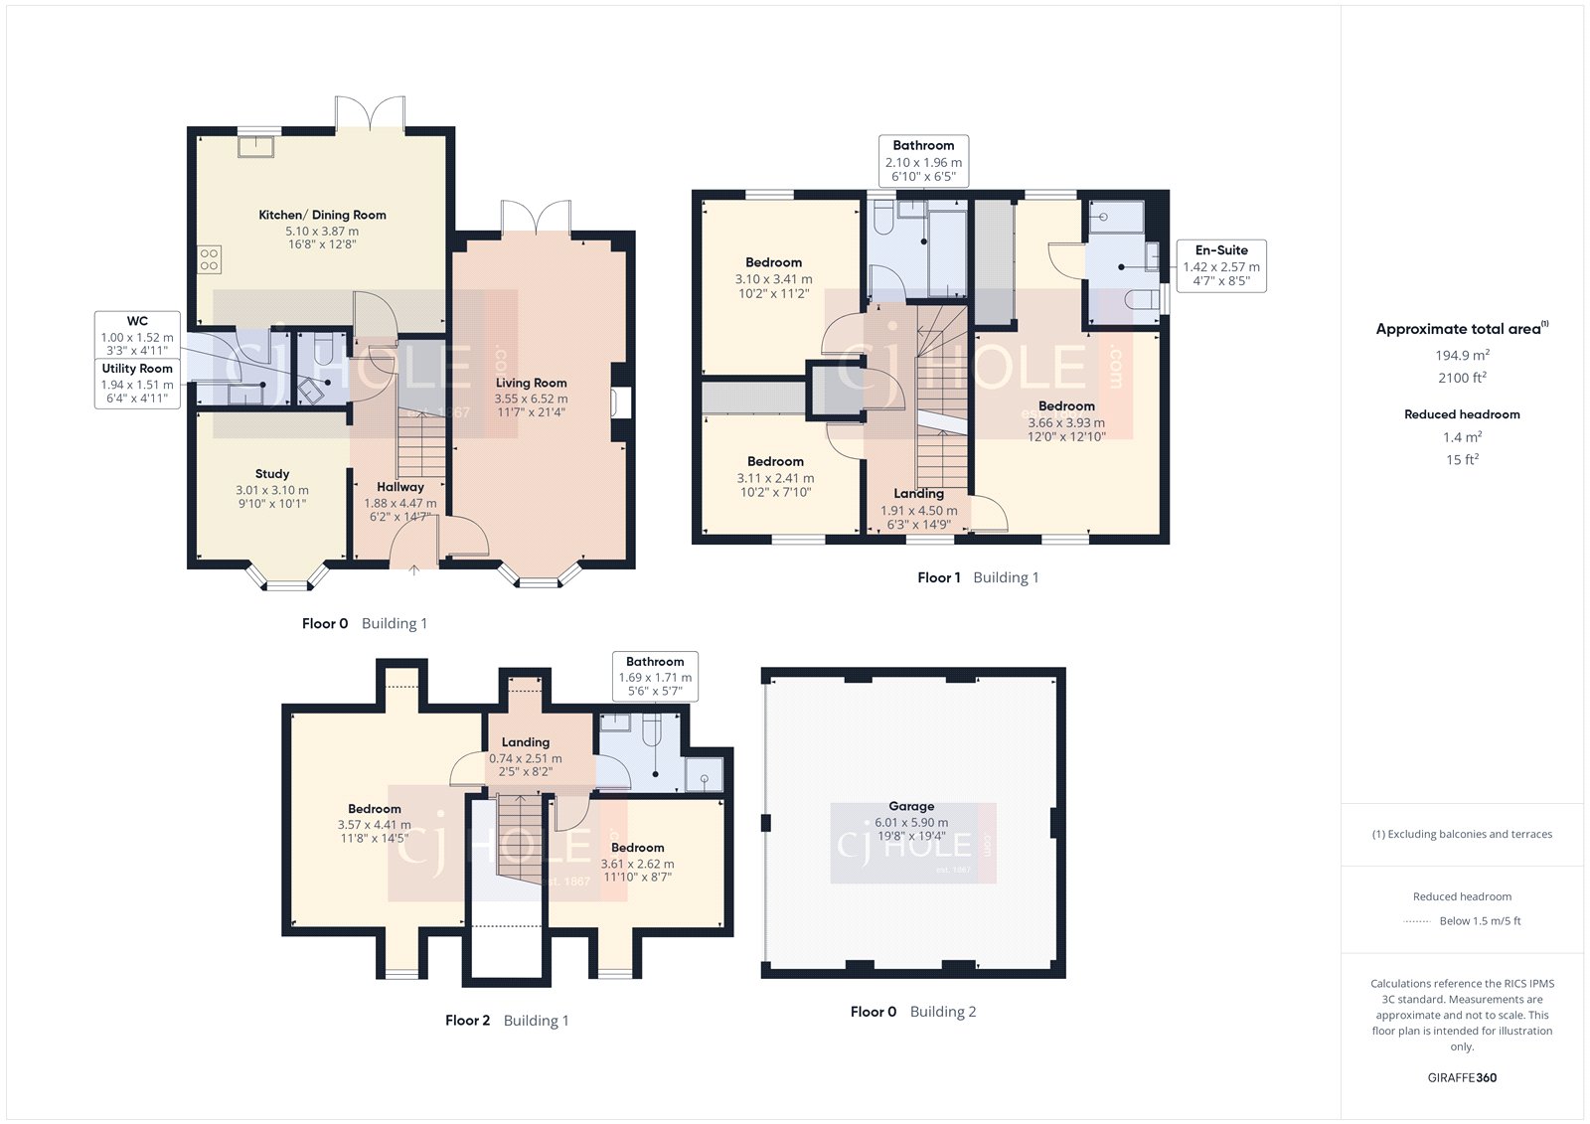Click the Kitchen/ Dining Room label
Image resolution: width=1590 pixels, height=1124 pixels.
coord(322,215)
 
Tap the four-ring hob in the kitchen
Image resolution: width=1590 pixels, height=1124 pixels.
coord(209,259)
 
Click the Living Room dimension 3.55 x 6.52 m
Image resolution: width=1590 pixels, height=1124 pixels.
coord(531,399)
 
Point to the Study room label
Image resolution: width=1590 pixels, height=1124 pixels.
coord(271,474)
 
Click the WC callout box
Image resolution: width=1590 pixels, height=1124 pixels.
coord(137,335)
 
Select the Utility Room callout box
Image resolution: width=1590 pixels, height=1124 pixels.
coord(137,384)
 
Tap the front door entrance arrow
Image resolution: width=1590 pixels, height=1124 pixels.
coord(414,569)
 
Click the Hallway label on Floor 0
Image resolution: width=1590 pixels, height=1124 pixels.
coord(400,487)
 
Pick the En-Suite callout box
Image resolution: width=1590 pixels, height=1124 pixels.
coord(1220,265)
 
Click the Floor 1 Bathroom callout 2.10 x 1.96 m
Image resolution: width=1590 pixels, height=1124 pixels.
coord(923,161)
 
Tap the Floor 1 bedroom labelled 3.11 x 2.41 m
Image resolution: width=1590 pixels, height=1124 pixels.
coord(775,476)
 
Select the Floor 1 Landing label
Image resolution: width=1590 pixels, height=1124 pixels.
coord(918,494)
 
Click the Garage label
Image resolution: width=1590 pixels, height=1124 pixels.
coord(911,806)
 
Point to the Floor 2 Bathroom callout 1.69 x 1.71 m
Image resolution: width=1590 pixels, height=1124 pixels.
coord(655,676)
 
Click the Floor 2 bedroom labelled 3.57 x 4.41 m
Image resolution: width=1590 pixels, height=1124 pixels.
coord(374,823)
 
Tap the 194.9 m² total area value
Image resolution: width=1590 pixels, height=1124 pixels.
coord(1461,355)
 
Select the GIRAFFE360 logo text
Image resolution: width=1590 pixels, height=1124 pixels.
coord(1462,1077)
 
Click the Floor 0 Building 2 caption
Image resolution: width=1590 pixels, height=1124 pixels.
coord(912,1012)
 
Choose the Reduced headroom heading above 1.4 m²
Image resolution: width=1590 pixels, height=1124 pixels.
coord(1461,414)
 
